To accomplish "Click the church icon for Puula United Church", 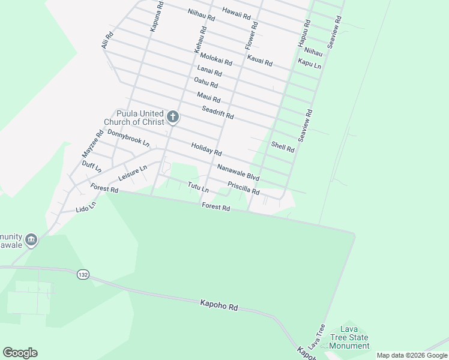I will pos(173,116).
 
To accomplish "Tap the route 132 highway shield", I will pos(83,274).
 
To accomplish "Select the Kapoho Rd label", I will pos(219,306).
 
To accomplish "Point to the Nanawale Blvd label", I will pos(238,173).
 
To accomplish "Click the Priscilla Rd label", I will pos(243,188).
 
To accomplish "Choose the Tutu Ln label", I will pos(197,188).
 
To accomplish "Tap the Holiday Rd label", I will pos(206,149).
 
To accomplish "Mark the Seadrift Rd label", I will pos(217,112).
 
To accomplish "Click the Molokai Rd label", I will pos(216,60).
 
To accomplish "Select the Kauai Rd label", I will pos(260,61).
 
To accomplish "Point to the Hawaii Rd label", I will pos(236,13).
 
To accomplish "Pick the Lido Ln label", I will pos(86,209).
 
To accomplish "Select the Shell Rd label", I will pos(283,146).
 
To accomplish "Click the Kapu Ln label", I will pos(309,63).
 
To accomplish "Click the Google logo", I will pos(20,353).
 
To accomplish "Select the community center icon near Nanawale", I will pos(32,239).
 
